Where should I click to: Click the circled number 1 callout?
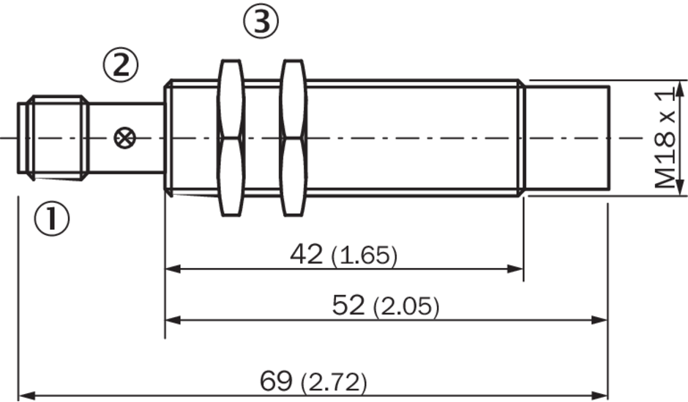click(x=52, y=218)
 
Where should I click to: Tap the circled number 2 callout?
click(x=121, y=65)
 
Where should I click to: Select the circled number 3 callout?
click(x=261, y=21)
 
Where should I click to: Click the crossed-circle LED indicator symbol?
click(x=124, y=138)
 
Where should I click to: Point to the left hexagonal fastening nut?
click(x=231, y=138)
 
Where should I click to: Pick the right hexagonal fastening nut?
click(x=293, y=138)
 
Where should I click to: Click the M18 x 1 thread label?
click(x=665, y=138)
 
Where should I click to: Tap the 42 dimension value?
click(x=306, y=254)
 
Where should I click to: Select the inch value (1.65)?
click(x=364, y=256)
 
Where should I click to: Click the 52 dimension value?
click(x=348, y=305)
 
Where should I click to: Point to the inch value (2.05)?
click(x=406, y=306)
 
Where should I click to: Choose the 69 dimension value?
click(x=276, y=381)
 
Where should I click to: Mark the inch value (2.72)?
click(x=334, y=381)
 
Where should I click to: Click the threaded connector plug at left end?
click(x=53, y=138)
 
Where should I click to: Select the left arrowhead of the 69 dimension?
click(x=27, y=395)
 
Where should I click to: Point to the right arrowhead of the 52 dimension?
click(x=599, y=321)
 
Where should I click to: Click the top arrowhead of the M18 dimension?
click(x=680, y=89)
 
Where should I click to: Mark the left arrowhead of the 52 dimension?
click(x=173, y=321)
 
